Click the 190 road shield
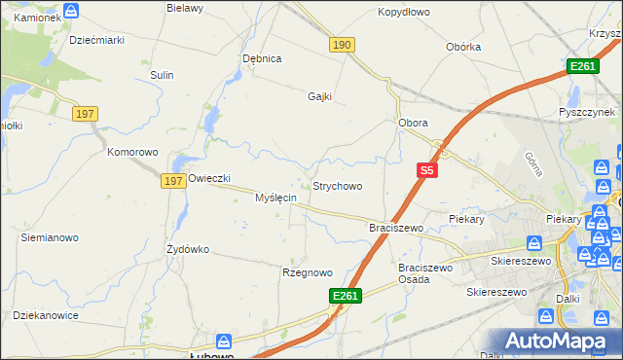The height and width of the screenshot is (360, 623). coord(342,45)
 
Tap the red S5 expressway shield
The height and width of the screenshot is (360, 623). coord(426,169)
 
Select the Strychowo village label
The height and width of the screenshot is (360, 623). coord(337,186)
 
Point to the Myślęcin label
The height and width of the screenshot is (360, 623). coord(275,198)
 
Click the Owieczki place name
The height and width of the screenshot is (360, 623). coord(208,179)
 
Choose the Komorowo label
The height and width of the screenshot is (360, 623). coord(132,153)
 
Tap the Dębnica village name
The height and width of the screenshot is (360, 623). coord(262,58)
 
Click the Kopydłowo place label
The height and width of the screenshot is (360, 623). coord(404,13)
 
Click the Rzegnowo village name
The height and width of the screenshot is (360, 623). coord(308,273)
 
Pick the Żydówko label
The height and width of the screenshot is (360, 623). coord(188,249)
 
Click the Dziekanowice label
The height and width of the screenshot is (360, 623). coord(45,315)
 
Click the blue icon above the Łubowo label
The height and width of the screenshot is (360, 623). coord(224,342)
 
